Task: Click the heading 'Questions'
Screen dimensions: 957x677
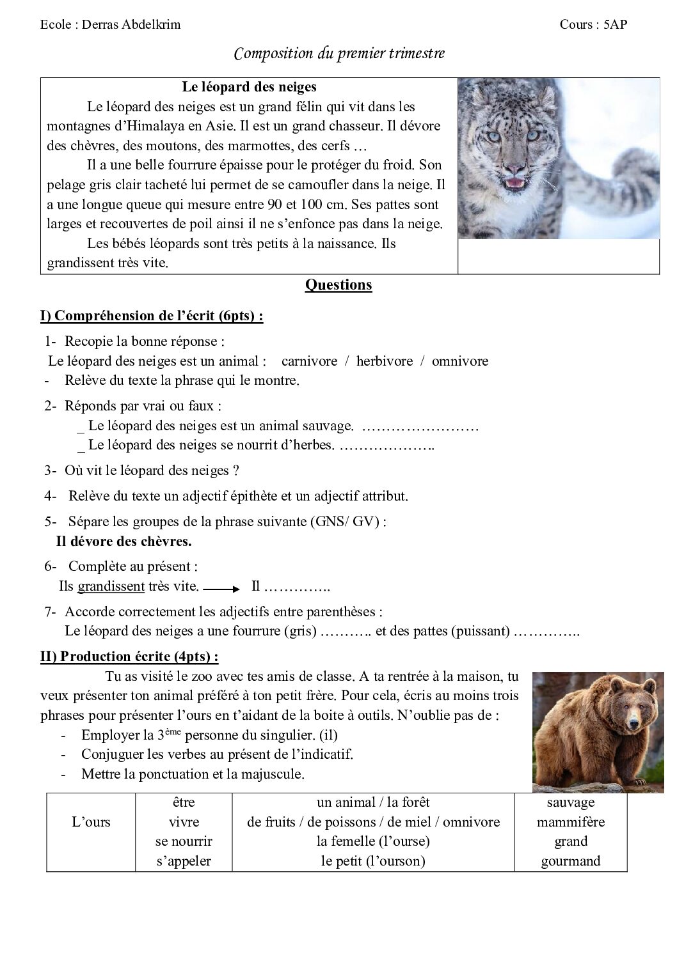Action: coord(338,285)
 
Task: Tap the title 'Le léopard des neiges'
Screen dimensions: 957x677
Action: coord(249,87)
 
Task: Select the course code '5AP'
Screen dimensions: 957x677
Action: coord(615,25)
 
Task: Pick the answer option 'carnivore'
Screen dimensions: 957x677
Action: coord(309,361)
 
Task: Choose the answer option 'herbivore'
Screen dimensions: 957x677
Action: coord(385,361)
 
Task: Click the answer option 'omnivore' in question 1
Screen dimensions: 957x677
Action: coord(459,361)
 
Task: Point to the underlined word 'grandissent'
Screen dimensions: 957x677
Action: coord(111,586)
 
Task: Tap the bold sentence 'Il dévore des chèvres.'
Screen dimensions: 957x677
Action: coord(124,541)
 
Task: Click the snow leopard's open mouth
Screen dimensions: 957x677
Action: coord(514,184)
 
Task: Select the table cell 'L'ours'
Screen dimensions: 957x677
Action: coord(91,822)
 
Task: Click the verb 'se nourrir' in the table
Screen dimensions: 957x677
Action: coord(184,842)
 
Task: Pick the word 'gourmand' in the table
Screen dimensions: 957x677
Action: coord(571,861)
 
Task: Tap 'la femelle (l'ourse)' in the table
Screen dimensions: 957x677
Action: coord(373,842)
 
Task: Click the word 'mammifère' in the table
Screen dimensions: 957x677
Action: coord(571,822)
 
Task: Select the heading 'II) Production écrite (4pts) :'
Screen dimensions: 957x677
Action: coord(129,657)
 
